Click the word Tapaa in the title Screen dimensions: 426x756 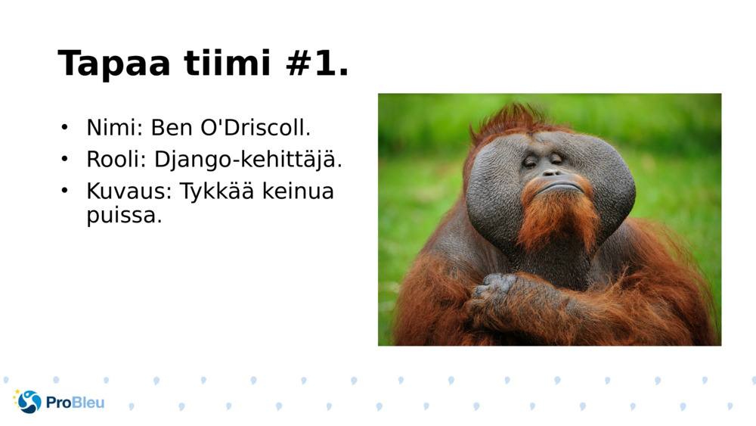tap(113, 64)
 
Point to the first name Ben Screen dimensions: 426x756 tap(171, 128)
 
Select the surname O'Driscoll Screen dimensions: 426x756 tap(255, 128)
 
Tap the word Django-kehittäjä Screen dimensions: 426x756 tap(248, 160)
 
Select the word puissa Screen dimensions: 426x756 tap(124, 216)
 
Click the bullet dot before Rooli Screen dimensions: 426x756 tap(65, 160)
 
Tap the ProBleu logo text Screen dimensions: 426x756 tap(75, 403)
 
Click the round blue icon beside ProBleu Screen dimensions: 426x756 tap(29, 402)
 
